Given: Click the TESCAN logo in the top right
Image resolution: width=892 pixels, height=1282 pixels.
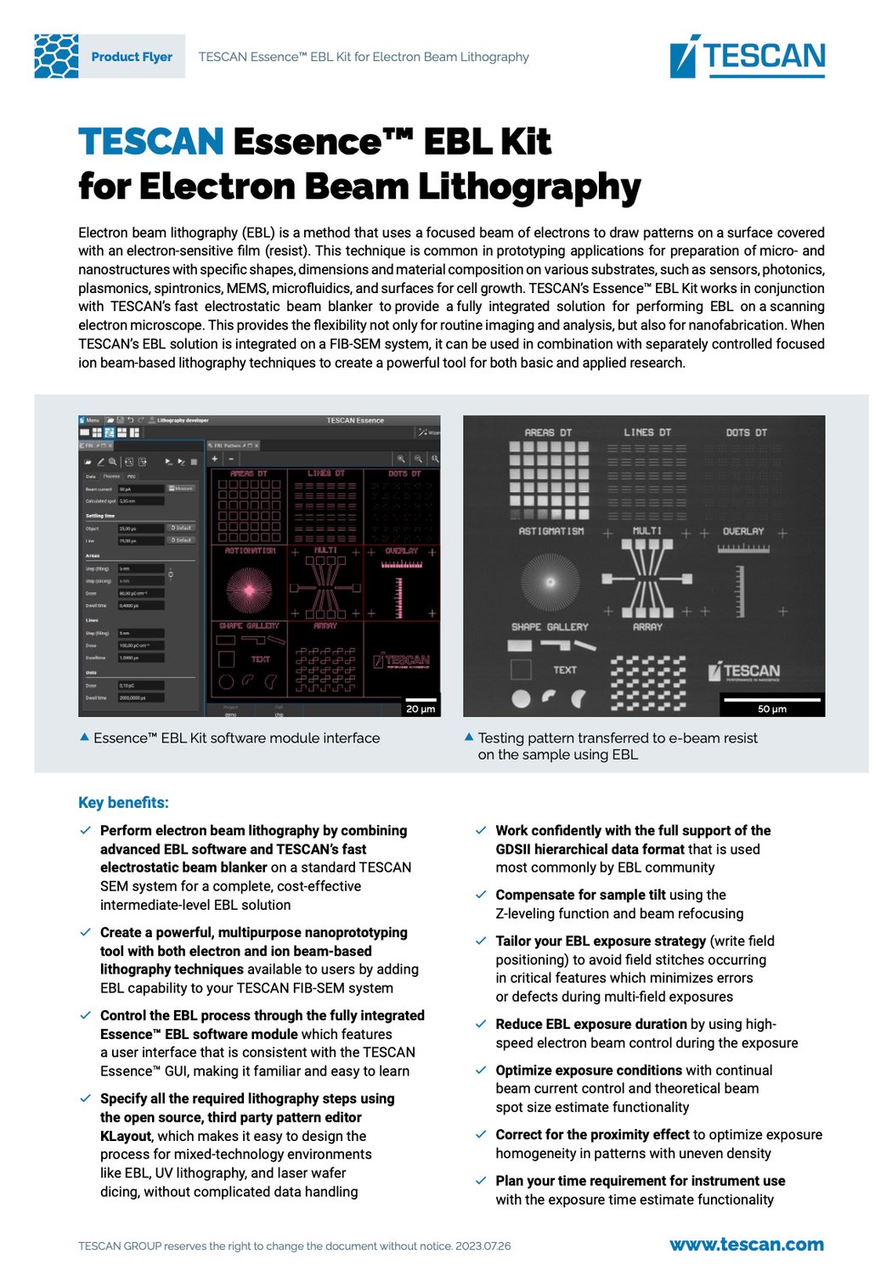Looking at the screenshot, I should (748, 56).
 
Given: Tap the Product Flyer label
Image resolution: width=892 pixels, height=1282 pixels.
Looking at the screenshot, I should (132, 57).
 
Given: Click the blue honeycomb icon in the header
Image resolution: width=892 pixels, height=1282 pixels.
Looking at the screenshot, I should (56, 56).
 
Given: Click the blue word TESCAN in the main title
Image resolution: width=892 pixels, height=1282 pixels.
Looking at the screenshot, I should (151, 142).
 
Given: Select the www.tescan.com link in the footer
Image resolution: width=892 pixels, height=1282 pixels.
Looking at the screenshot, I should (746, 1245).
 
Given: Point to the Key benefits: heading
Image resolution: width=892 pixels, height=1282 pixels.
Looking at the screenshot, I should (123, 803).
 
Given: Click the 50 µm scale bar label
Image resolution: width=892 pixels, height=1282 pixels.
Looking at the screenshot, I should (771, 709).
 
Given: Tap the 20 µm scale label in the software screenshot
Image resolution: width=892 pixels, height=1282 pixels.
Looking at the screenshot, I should (421, 709).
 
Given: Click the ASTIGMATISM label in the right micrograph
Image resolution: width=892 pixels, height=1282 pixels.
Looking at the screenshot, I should (551, 531).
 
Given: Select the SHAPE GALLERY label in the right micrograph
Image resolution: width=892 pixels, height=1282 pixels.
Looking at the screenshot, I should (550, 627).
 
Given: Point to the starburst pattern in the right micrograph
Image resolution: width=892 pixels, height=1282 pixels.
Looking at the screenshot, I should (550, 582).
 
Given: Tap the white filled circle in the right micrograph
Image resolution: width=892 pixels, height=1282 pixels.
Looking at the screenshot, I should (521, 698).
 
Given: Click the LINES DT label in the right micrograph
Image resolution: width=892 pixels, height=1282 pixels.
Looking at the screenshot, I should (647, 432).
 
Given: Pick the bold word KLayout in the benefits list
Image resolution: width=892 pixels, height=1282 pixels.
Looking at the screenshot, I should (126, 1136).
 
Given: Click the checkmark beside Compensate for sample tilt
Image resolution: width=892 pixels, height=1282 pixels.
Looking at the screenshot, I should (481, 895).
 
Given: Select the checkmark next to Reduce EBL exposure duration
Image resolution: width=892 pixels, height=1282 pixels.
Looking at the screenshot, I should (481, 1024).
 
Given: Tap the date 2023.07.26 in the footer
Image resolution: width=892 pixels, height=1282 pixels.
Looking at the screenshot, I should (483, 1246).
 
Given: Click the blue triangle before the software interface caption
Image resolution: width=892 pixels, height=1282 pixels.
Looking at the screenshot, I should (84, 737).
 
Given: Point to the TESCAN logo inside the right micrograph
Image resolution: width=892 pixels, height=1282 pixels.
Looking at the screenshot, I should (745, 672).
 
